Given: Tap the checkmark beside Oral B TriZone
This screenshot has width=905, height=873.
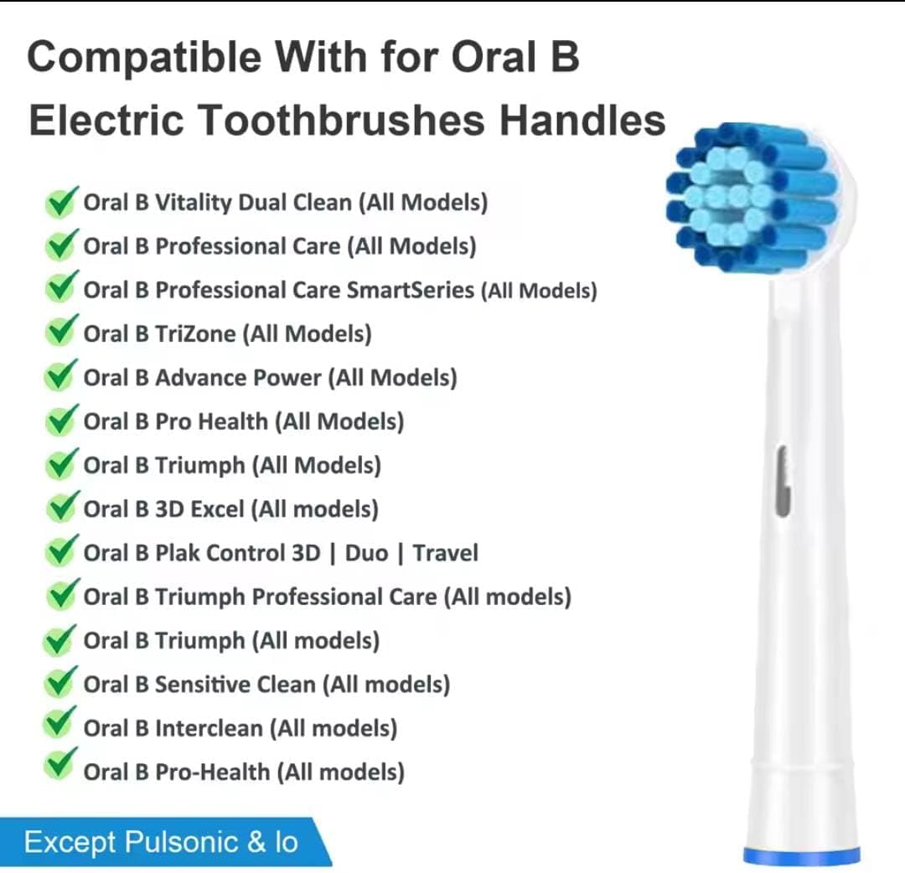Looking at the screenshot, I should click(59, 333).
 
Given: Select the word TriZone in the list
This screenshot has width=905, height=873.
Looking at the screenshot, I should click(196, 333).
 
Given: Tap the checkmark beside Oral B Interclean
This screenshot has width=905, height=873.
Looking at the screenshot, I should click(59, 725).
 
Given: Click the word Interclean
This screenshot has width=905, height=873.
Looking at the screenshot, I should click(209, 728).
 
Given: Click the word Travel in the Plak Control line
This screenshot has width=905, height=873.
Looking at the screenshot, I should click(446, 553).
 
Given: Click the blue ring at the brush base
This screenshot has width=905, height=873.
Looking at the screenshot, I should click(801, 855).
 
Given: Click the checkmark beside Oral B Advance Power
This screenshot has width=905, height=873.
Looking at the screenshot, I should click(59, 376).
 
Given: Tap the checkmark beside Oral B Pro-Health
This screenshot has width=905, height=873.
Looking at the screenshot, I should click(59, 768).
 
